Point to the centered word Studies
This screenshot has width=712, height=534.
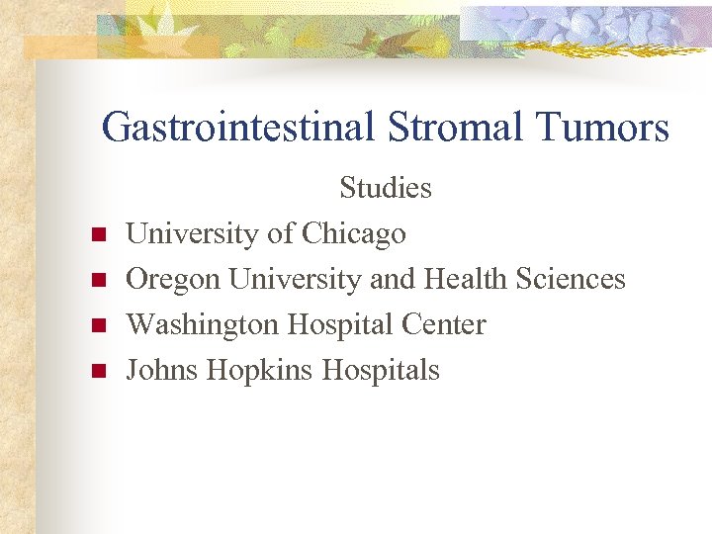tap(386, 188)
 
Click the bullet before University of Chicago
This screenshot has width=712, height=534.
tap(98, 235)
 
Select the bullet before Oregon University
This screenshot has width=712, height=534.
tap(98, 281)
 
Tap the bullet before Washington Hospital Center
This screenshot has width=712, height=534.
tap(98, 326)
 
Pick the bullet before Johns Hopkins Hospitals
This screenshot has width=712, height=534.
tap(98, 372)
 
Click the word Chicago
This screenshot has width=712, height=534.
tap(353, 233)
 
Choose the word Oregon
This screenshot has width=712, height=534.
tap(174, 279)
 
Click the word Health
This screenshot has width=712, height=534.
tap(461, 279)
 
